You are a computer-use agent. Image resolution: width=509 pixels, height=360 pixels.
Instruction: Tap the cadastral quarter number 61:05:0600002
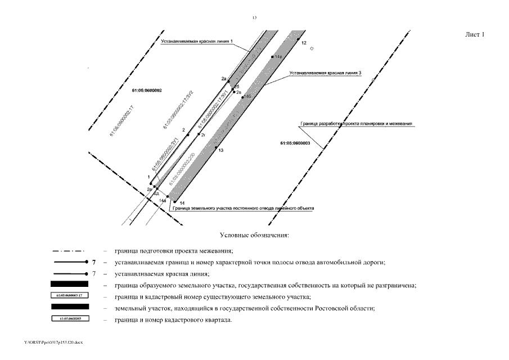point(147,91)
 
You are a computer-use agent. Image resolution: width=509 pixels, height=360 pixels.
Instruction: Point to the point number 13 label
point(221,151)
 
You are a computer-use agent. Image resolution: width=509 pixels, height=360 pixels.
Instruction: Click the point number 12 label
point(304,43)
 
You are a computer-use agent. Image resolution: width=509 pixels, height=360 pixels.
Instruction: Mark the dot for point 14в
point(272,57)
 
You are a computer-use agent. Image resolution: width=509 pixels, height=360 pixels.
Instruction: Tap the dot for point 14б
point(242,97)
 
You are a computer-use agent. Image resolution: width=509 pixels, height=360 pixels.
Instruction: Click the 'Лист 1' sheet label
point(475,35)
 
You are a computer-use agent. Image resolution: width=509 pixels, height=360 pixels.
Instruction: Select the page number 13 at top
point(254,18)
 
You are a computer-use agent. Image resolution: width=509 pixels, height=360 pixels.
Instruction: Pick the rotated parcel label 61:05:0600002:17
point(122,122)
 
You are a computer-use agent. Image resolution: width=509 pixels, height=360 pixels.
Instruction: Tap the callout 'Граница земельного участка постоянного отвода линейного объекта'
point(243,208)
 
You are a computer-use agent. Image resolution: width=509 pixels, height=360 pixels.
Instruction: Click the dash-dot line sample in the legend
point(69,251)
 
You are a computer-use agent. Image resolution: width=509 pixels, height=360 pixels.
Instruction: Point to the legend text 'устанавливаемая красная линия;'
point(161,274)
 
